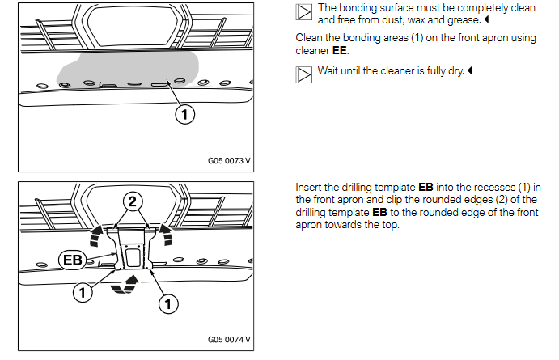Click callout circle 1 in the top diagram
coord(185,116)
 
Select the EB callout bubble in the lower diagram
coord(74,260)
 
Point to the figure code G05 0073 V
coord(228,160)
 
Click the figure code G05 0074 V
coord(228,339)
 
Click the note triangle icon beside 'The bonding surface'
coord(304,11)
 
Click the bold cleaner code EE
coord(339,50)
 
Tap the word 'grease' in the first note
coord(458,18)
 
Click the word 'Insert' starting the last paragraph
coord(307,188)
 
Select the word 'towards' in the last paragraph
coord(349,224)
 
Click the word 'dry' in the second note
coord(455,71)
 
